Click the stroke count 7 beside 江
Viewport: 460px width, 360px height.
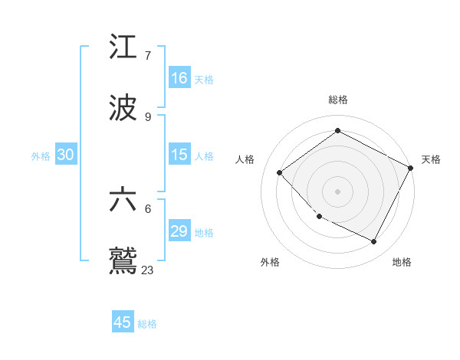click(148, 56)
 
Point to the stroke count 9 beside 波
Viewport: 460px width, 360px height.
click(148, 116)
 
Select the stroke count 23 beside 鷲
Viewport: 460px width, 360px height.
click(148, 269)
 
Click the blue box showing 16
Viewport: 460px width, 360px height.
click(179, 78)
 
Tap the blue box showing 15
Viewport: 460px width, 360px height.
click(179, 155)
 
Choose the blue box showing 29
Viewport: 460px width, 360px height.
click(179, 231)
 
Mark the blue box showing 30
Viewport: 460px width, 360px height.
click(66, 155)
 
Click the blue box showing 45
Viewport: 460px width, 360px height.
click(123, 322)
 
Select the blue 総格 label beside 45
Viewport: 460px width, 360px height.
click(147, 324)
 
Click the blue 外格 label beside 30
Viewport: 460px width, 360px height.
click(41, 156)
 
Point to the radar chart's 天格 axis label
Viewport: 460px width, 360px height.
click(431, 159)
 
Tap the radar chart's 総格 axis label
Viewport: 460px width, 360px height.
click(337, 100)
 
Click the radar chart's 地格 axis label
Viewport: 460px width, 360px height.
click(402, 262)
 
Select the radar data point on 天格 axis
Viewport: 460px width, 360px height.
click(411, 168)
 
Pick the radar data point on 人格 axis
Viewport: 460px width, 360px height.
click(280, 172)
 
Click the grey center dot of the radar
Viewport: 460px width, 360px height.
click(337, 191)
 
